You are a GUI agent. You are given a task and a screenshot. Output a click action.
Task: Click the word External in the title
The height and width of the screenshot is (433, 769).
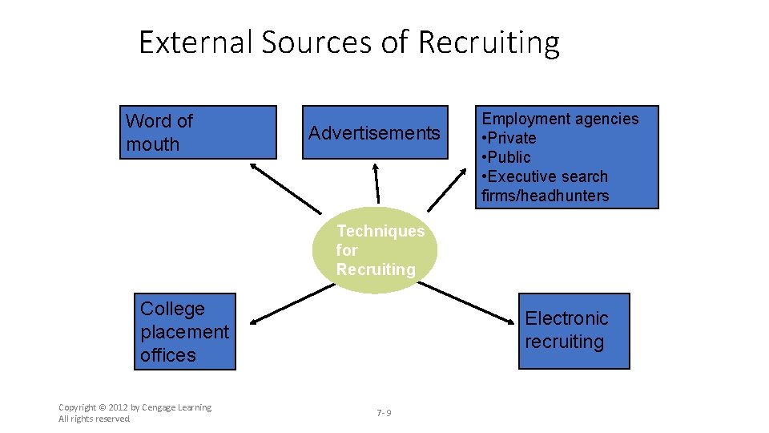pos(195,42)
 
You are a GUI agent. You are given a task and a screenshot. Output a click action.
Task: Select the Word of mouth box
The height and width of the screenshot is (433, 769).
pos(198,132)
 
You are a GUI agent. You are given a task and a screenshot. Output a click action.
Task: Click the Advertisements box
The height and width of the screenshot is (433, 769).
pos(374,132)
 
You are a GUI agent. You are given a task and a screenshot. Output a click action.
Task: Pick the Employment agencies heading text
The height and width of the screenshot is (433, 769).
pos(560,119)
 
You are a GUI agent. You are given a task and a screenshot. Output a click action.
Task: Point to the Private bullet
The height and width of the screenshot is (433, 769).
pos(509,138)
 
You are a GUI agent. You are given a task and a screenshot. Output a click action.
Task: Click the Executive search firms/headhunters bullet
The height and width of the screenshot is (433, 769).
pos(546,186)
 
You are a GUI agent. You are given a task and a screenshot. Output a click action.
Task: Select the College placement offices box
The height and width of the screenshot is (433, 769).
pos(185,331)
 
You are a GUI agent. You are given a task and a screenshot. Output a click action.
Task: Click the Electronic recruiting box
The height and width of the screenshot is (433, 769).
pos(574,330)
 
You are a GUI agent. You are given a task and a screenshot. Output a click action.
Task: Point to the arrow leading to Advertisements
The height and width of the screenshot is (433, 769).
pos(376,182)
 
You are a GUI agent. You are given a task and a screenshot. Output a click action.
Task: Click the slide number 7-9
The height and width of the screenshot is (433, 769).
pos(384,413)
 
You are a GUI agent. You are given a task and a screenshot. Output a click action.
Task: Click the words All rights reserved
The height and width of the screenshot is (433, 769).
pos(94,419)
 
